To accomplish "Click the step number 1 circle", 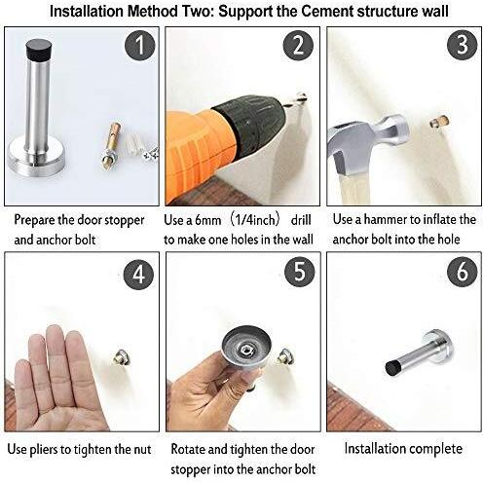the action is coord(140,46).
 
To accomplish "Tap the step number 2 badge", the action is coord(298,46).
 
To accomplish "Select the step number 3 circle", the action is coord(463,45).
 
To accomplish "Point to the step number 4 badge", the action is coord(139,275).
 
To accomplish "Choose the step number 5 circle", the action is coord(300,272).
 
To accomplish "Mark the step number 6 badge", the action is coord(463,272).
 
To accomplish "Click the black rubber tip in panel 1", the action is coord(39,51).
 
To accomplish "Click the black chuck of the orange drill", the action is coord(250,125).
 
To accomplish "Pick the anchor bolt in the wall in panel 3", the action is coord(440,122).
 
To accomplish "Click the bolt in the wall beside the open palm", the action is coord(123,357).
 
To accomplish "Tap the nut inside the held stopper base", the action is coord(244,350).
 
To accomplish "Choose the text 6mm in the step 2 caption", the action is coord(208,220).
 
